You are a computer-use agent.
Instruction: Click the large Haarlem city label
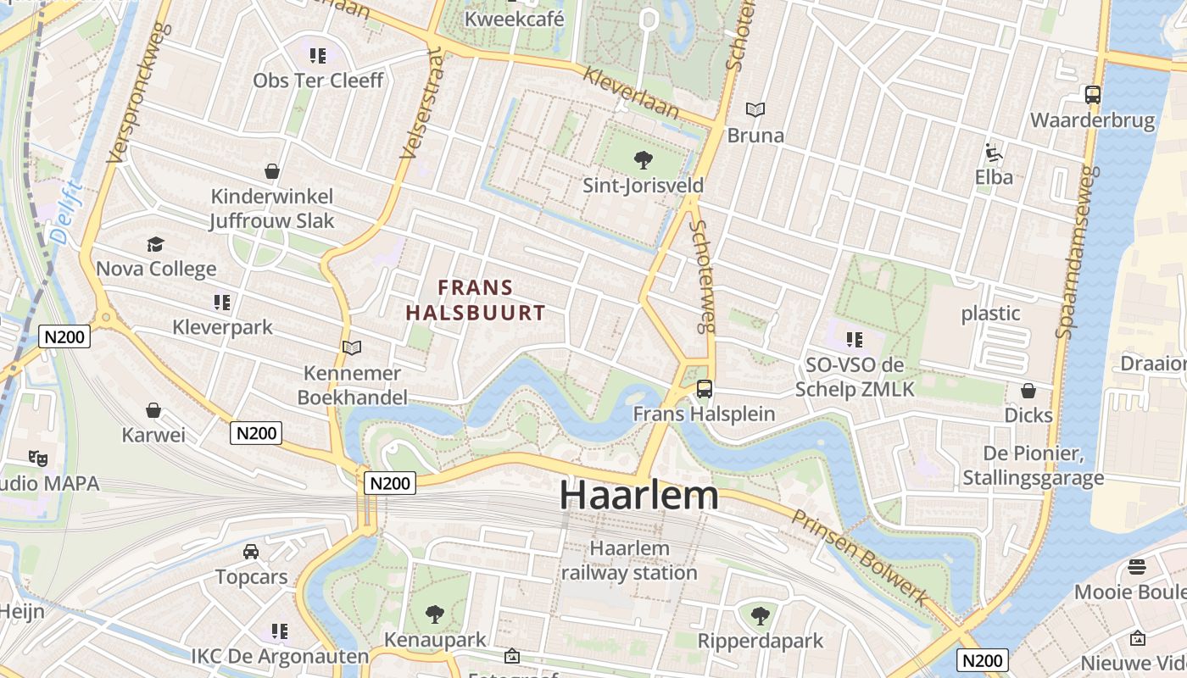click(638, 495)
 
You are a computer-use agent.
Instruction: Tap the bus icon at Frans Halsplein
click(704, 389)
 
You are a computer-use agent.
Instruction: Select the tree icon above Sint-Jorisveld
click(643, 158)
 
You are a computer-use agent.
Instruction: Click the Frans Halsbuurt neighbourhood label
click(475, 300)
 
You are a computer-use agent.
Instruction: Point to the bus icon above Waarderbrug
click(1093, 95)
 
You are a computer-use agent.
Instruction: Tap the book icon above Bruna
click(755, 109)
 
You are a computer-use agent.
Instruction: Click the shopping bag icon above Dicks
click(1028, 391)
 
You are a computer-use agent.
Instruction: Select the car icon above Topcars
click(251, 552)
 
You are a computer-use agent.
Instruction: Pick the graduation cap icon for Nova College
click(155, 245)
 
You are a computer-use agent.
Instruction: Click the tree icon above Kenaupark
click(434, 614)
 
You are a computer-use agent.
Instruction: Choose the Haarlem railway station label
click(629, 560)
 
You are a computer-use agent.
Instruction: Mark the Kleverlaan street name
click(631, 92)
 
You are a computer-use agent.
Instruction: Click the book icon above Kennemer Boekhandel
click(351, 347)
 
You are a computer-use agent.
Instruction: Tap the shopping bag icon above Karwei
click(153, 411)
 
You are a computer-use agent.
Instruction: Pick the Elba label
click(994, 177)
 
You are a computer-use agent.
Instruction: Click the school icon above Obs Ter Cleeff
click(318, 56)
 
